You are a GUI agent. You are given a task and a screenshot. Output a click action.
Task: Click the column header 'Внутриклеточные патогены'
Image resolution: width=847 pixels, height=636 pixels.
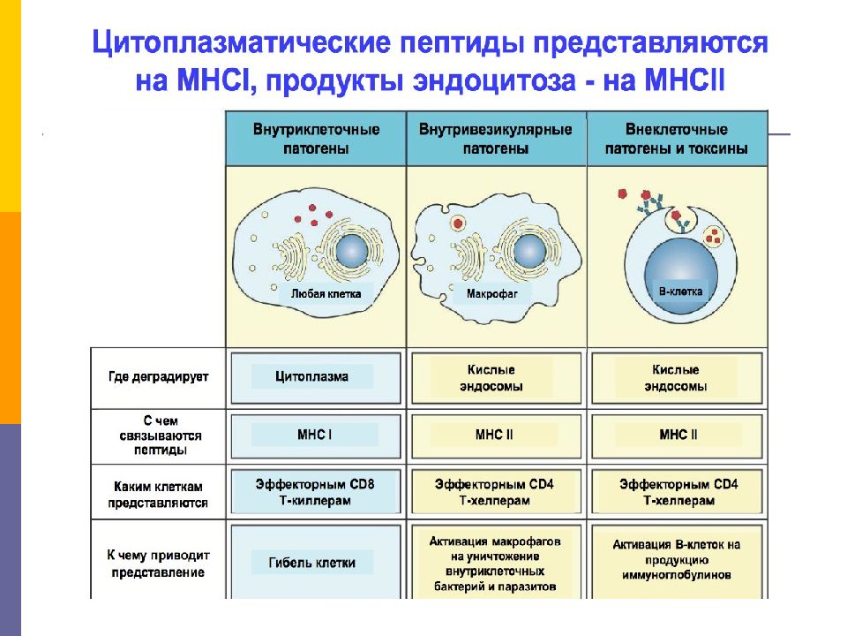(x=316, y=139)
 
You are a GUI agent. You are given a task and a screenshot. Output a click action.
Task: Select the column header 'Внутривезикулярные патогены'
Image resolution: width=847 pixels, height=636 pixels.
(x=495, y=139)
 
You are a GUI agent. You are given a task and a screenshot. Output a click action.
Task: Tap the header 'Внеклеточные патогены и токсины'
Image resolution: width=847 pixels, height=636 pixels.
(x=677, y=139)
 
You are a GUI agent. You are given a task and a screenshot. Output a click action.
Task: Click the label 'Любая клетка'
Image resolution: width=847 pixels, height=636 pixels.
(x=326, y=293)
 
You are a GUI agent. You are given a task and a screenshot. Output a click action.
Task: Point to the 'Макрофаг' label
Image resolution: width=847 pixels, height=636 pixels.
(x=491, y=293)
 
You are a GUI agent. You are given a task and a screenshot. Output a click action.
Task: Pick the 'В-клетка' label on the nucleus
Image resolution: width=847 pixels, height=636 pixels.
(x=680, y=291)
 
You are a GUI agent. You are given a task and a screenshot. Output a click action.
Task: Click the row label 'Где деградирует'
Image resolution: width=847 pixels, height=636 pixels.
(x=158, y=377)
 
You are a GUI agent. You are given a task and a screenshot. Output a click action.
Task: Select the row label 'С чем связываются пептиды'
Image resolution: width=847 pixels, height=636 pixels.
(x=161, y=435)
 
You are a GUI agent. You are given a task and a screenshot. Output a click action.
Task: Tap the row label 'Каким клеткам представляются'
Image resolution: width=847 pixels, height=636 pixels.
(x=158, y=495)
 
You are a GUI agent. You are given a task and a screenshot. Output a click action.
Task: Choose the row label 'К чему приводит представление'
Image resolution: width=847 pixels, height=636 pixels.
(x=158, y=564)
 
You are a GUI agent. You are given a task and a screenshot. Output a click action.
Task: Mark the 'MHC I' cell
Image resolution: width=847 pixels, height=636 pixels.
(x=316, y=435)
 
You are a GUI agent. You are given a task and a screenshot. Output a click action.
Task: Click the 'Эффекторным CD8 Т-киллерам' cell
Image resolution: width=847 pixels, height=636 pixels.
(x=316, y=492)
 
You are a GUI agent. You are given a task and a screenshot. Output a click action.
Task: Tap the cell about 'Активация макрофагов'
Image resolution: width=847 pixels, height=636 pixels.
(x=496, y=563)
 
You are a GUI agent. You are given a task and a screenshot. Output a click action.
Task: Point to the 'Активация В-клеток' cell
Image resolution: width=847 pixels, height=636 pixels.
(x=677, y=560)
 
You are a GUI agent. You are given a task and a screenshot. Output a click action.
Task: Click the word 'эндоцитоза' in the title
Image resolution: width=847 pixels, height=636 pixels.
(x=494, y=80)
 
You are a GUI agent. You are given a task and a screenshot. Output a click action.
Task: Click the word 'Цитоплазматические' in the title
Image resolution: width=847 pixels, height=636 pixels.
(x=241, y=42)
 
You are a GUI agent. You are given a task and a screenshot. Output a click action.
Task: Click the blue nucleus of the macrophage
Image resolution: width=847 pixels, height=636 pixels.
(x=530, y=251)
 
